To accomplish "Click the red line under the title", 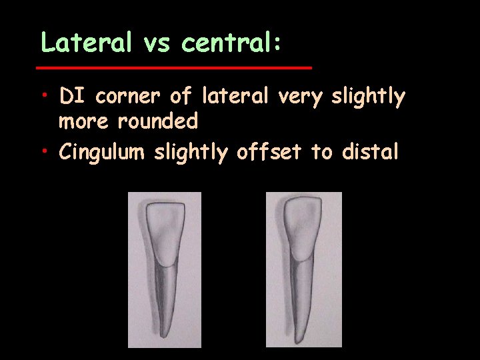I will [173, 68].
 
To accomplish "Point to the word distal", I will [369, 152].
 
